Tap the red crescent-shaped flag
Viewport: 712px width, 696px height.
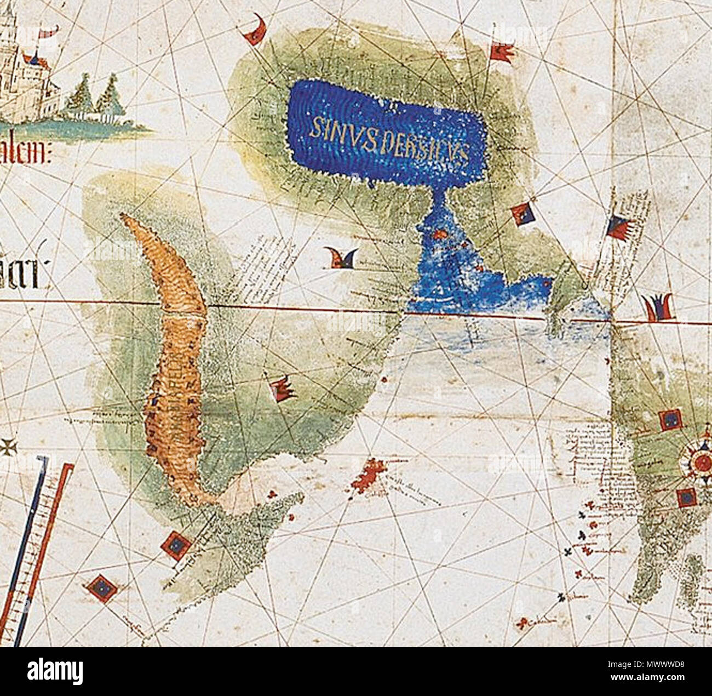coord(256,32)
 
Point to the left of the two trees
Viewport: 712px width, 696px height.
coord(80,96)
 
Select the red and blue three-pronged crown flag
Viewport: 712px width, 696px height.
coord(658,308)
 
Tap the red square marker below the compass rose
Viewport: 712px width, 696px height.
coord(686,498)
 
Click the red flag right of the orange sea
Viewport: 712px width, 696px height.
coord(283,389)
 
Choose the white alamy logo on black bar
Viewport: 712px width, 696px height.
coord(55,672)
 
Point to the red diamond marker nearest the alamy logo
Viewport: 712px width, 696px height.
coord(101,588)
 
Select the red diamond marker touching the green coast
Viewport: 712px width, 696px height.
coord(176,545)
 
